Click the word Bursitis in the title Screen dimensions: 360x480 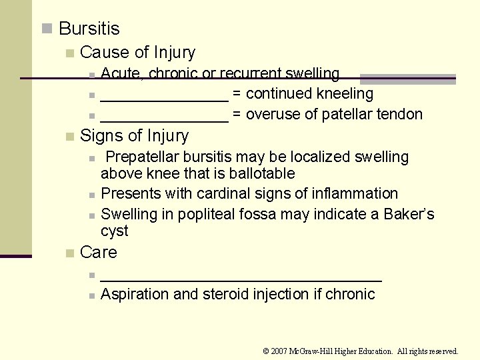89,29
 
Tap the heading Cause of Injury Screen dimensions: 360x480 137,52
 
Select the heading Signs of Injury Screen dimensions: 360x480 134,135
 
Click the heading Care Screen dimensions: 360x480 98,252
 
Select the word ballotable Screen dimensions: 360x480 261,174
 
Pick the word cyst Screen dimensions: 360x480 114,231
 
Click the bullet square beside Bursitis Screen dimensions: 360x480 46,29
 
